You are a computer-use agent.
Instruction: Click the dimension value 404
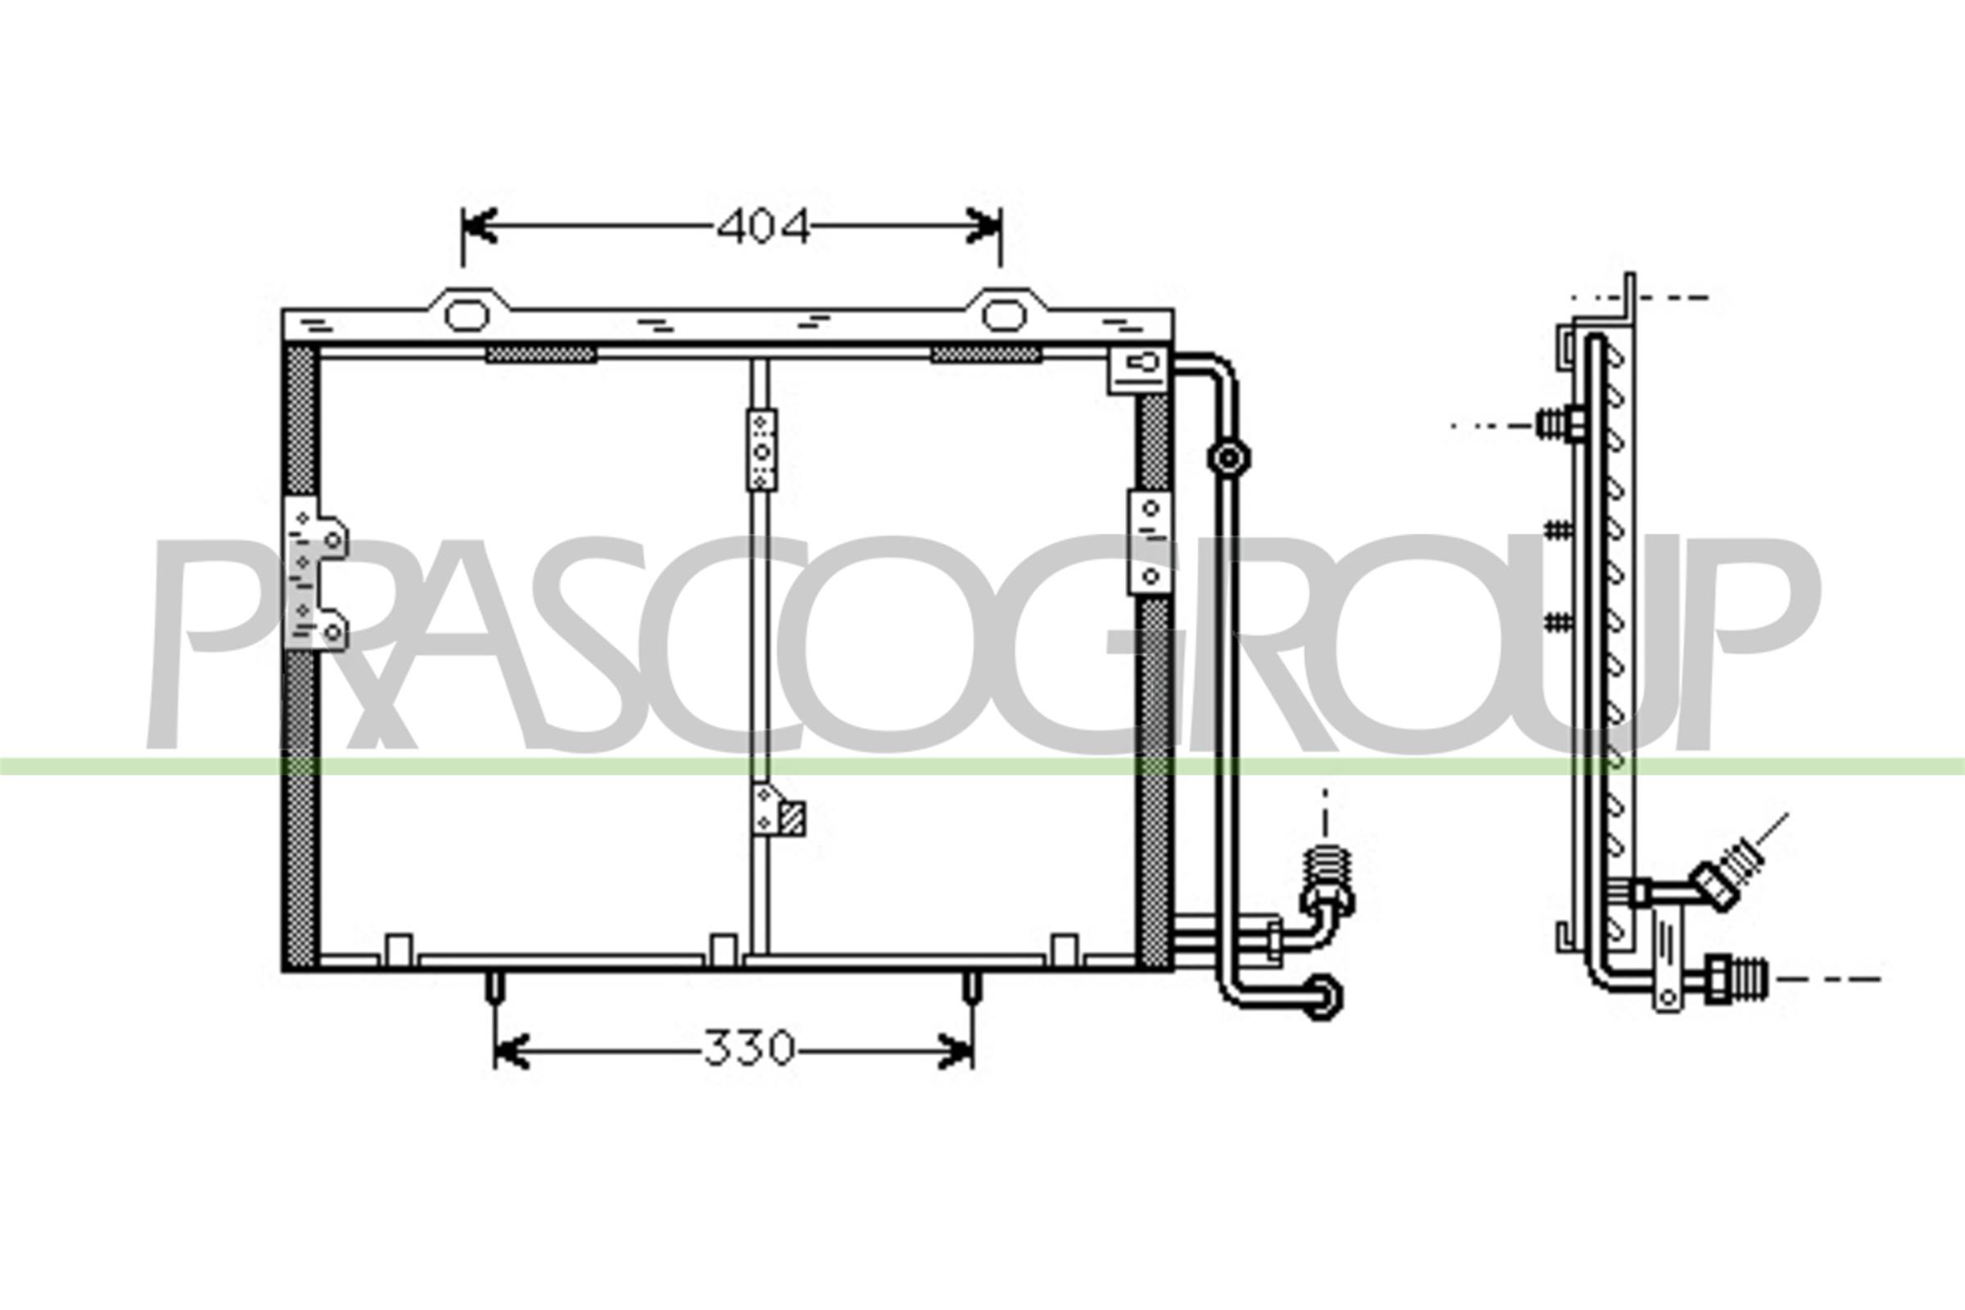764,227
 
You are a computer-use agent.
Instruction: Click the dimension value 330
748,1049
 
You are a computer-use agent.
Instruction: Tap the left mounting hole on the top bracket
467,315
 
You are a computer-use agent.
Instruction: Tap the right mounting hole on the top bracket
1004,315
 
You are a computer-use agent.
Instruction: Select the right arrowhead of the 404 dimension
984,226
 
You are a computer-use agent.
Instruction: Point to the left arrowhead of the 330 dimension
511,1050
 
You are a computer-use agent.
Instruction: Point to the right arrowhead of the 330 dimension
955,1050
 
